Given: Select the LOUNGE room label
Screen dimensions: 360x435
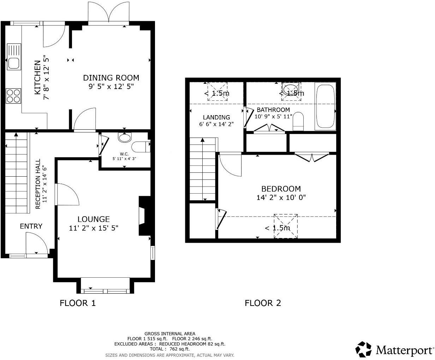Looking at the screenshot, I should click(x=94, y=219).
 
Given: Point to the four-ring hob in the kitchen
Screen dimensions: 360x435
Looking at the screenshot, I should click(x=14, y=96).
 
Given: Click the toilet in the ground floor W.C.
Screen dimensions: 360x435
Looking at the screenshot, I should click(x=141, y=146).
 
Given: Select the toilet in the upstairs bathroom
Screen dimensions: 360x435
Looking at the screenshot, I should click(x=298, y=121).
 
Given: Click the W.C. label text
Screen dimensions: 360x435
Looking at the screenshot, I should click(x=124, y=154).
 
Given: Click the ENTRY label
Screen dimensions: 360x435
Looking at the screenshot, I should click(x=31, y=226).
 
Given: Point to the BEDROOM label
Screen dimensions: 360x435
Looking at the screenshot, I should click(x=281, y=189).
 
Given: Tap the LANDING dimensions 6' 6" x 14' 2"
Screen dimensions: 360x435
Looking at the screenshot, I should click(x=216, y=124).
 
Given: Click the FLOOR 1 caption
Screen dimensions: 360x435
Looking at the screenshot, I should click(x=78, y=303).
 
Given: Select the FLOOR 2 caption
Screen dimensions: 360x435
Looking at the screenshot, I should click(x=263, y=303).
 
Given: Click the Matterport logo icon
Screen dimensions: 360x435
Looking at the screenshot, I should click(x=363, y=349).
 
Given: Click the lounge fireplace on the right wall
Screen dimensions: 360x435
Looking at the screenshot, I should click(x=144, y=216).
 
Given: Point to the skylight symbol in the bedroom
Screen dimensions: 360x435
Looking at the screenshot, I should click(x=286, y=226).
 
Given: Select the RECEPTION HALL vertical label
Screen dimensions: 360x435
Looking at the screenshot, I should click(x=41, y=184).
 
